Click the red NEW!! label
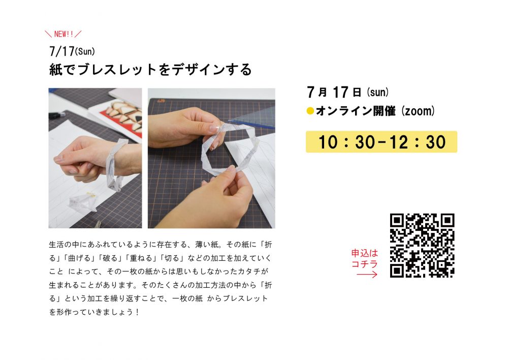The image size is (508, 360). click(63, 34)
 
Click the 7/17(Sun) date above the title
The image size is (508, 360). click(72, 51)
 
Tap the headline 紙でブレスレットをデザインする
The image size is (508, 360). click(150, 70)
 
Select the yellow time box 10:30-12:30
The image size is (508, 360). click(382, 142)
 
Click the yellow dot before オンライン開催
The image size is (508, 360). click(310, 111)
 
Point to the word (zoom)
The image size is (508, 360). click(418, 111)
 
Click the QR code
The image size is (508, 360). click(422, 246)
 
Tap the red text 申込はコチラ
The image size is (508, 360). click(365, 258)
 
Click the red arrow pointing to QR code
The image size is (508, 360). click(367, 275)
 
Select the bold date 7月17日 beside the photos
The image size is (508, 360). click(334, 92)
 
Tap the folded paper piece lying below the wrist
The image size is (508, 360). click(83, 202)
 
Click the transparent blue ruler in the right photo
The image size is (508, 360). click(252, 117)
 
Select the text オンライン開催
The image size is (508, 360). click(356, 111)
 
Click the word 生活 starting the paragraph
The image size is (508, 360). click(55, 244)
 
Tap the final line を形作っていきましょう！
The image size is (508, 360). click(94, 312)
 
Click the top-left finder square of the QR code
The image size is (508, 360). click(397, 221)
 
